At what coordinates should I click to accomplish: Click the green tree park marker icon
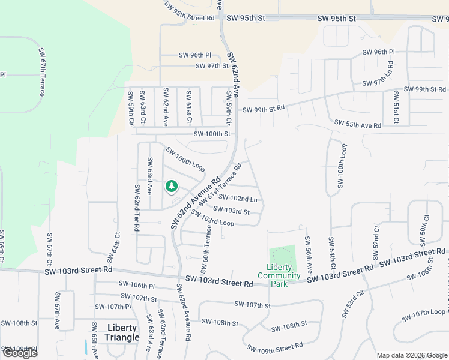(x=172, y=187)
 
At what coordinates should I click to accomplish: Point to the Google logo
(x=20, y=352)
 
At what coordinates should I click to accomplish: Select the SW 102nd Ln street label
(x=238, y=198)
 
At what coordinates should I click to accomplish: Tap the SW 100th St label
(x=212, y=134)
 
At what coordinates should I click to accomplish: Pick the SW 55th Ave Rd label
(x=358, y=125)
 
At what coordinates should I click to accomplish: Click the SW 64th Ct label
(x=113, y=248)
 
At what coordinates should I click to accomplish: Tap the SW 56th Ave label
(x=307, y=248)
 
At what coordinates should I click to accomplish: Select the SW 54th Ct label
(x=331, y=252)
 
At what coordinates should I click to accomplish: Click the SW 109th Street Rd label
(x=277, y=347)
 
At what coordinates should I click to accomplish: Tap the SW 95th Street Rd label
(x=191, y=16)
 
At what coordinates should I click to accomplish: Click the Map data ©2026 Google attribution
(x=411, y=355)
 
